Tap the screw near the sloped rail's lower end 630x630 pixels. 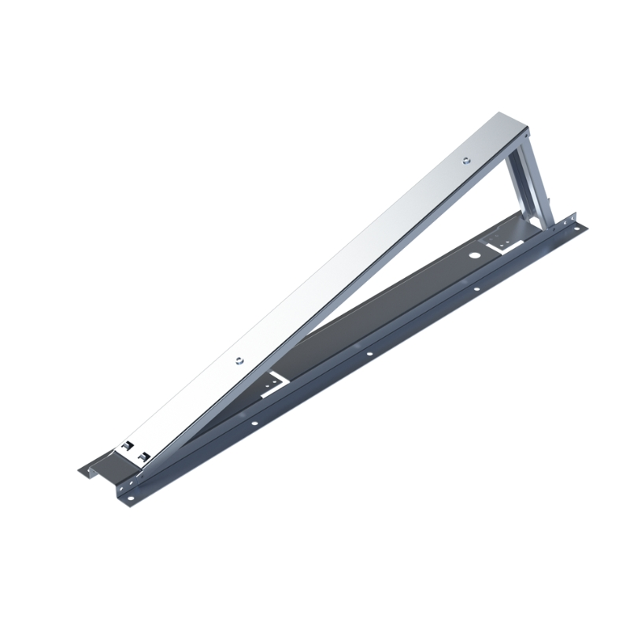236,361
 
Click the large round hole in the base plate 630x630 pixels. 475,257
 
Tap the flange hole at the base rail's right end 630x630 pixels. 580,229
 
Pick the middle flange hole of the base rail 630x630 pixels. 369,355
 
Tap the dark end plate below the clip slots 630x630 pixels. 118,469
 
